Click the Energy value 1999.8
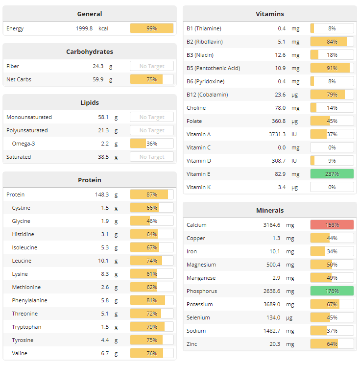(84, 28)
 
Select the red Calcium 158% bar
(332, 225)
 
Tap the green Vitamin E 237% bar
(332, 174)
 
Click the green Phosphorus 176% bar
(332, 291)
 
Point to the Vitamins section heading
(269, 14)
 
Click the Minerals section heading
(269, 210)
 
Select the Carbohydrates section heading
(90, 51)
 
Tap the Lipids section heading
(90, 102)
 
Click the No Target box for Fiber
(151, 66)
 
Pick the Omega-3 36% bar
(151, 144)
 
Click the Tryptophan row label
(26, 327)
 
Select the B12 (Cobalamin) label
(207, 95)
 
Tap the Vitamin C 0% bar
(332, 147)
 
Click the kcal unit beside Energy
(103, 28)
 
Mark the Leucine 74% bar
(151, 261)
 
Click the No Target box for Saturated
(151, 157)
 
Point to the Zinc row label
(192, 344)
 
